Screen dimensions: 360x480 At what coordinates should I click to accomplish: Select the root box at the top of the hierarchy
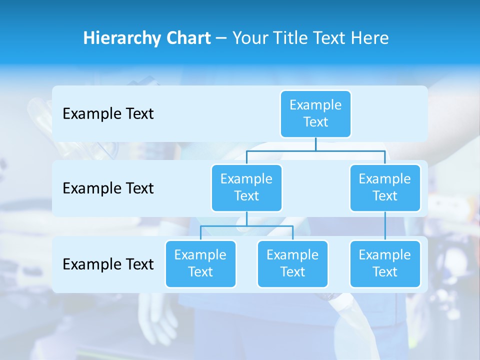click(x=315, y=113)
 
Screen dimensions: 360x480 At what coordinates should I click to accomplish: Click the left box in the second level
click(x=246, y=187)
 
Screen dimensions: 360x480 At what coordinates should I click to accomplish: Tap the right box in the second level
click(x=385, y=187)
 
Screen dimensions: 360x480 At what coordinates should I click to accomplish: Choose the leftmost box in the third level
click(x=200, y=263)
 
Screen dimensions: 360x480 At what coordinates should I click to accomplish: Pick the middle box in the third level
click(x=292, y=263)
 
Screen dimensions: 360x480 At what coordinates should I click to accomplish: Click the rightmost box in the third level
click(x=385, y=263)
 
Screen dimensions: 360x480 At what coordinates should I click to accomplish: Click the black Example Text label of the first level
click(x=108, y=114)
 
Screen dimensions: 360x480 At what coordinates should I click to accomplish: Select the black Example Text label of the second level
click(x=108, y=188)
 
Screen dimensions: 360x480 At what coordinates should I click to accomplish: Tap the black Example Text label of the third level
click(x=108, y=264)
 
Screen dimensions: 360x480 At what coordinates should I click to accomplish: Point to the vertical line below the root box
click(x=315, y=144)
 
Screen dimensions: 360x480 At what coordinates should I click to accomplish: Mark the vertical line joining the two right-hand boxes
click(x=385, y=225)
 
